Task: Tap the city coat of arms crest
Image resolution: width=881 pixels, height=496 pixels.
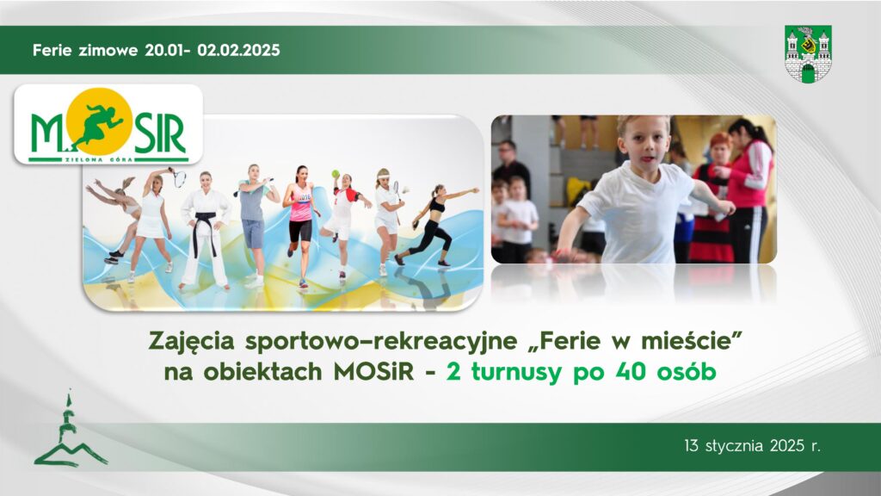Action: click(x=808, y=53)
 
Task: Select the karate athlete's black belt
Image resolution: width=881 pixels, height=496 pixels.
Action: click(x=206, y=223)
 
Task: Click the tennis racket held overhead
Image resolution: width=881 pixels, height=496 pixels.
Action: click(x=179, y=178)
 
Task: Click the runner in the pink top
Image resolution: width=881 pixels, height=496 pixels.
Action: click(x=300, y=220)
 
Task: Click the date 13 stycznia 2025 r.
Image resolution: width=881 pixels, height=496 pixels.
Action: click(x=753, y=447)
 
